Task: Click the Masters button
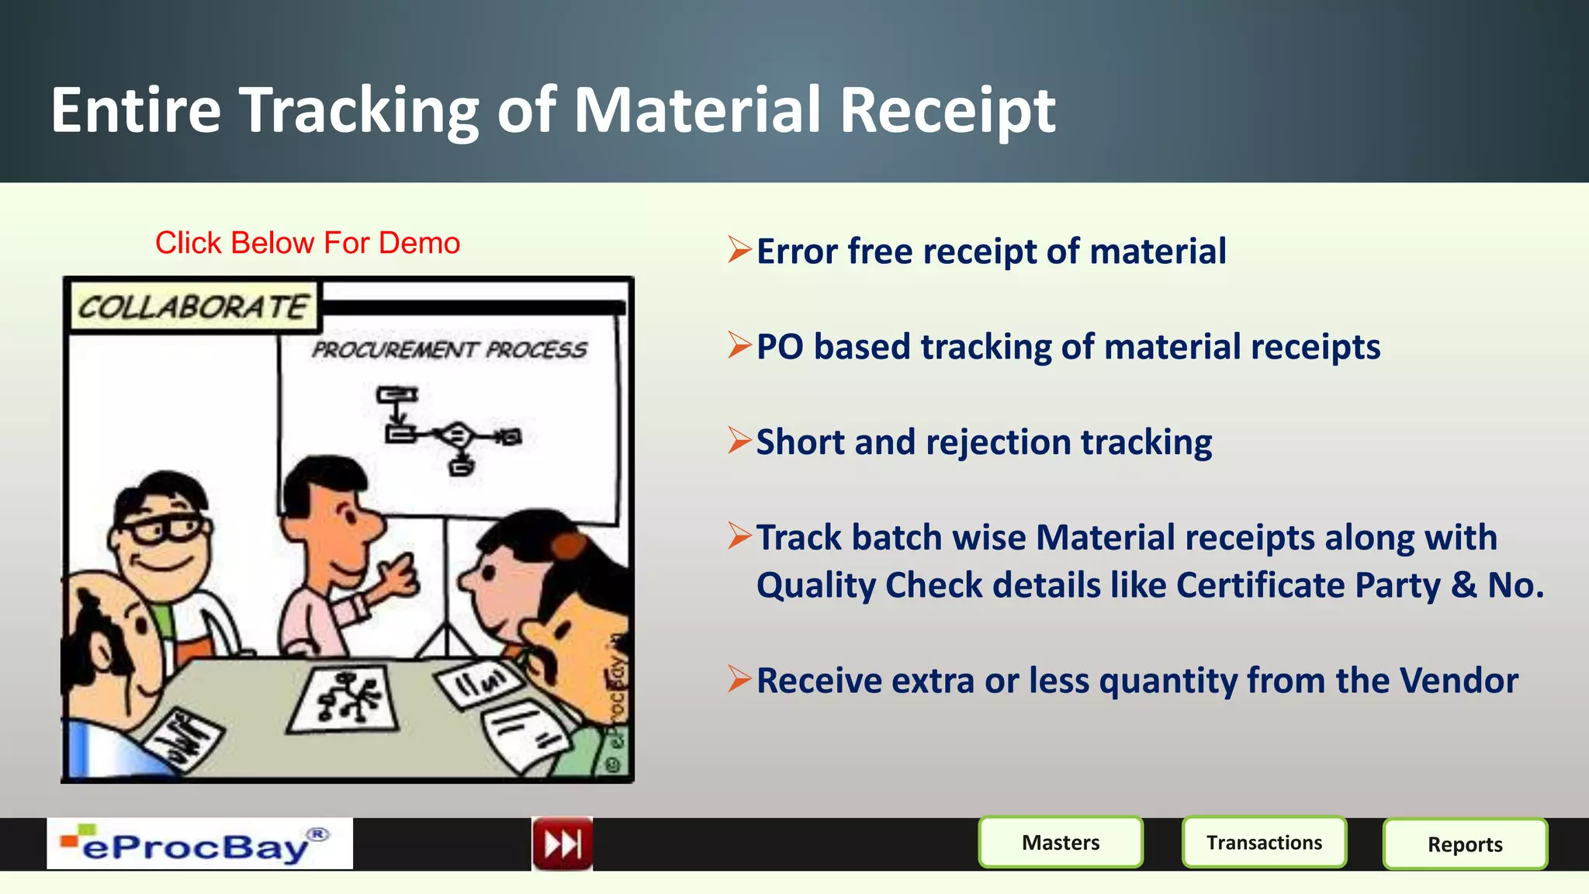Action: click(1061, 842)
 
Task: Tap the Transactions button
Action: click(1264, 842)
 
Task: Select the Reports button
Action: click(1465, 844)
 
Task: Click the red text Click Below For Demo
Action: click(307, 243)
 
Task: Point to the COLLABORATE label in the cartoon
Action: click(193, 307)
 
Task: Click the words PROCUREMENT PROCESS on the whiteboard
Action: click(449, 350)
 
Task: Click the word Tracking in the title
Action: click(358, 110)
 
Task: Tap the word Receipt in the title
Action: click(947, 110)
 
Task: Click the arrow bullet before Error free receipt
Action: click(739, 250)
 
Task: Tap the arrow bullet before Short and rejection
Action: click(739, 441)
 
